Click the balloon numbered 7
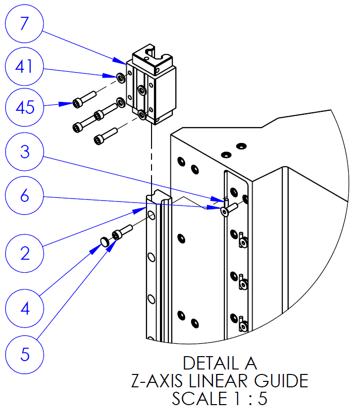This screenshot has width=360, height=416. pos(25,25)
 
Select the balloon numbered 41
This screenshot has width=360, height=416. pos(25,66)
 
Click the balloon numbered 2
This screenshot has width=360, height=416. pos(25,253)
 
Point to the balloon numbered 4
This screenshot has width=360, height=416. pos(25,309)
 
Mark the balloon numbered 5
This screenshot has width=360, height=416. pos(25,354)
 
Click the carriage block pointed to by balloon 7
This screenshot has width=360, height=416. pos(151,87)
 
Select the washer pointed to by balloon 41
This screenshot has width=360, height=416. pos(120,77)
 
